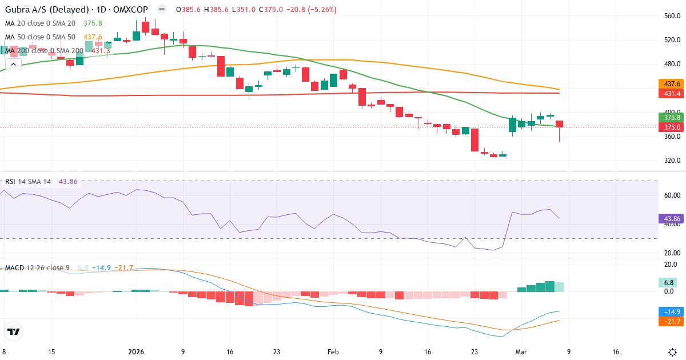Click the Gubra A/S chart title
point(77,10)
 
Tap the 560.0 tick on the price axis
point(672,16)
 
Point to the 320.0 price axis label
point(672,161)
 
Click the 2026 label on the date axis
point(136,352)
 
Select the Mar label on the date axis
point(520,352)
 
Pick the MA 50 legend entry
point(40,37)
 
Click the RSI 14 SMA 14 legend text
point(29,182)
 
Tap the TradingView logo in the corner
point(13,331)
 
